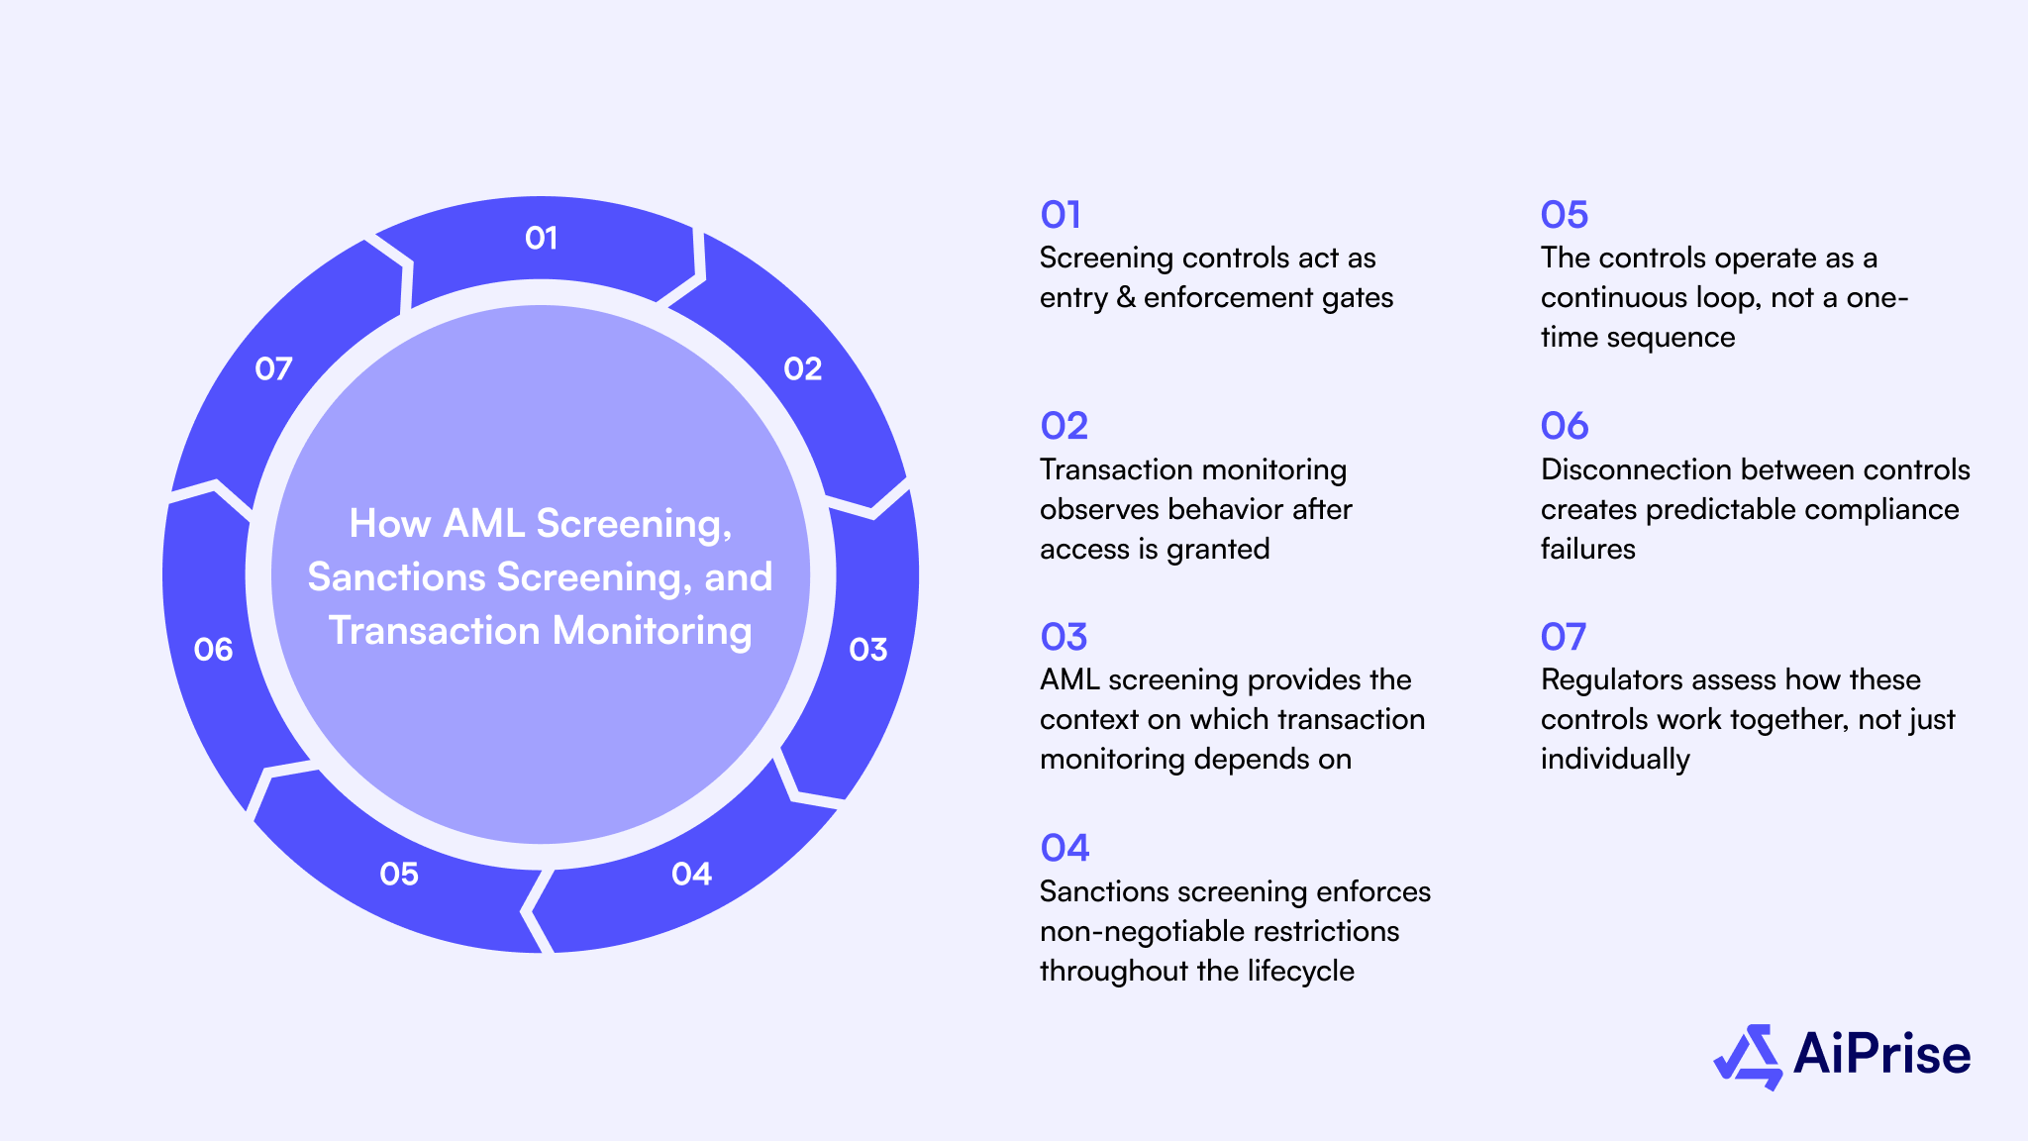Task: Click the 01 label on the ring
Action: pyautogui.click(x=541, y=238)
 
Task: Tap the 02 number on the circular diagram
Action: pyautogui.click(x=802, y=369)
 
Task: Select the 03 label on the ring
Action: pyautogui.click(x=867, y=650)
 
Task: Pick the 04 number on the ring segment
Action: pyautogui.click(x=691, y=874)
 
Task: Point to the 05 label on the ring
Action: pyautogui.click(x=399, y=874)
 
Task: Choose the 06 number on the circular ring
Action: pyautogui.click(x=213, y=650)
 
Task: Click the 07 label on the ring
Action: pyautogui.click(x=273, y=369)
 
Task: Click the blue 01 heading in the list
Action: pyautogui.click(x=1061, y=215)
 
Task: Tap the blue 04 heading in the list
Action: pyautogui.click(x=1065, y=848)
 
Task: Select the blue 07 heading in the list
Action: pyautogui.click(x=1564, y=637)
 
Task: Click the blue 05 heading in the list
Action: pyautogui.click(x=1565, y=215)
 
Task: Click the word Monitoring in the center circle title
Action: pyautogui.click(x=652, y=631)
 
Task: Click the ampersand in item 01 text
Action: pyautogui.click(x=1125, y=298)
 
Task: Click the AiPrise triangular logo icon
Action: pyautogui.click(x=1748, y=1057)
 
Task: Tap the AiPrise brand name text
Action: pyautogui.click(x=1881, y=1054)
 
